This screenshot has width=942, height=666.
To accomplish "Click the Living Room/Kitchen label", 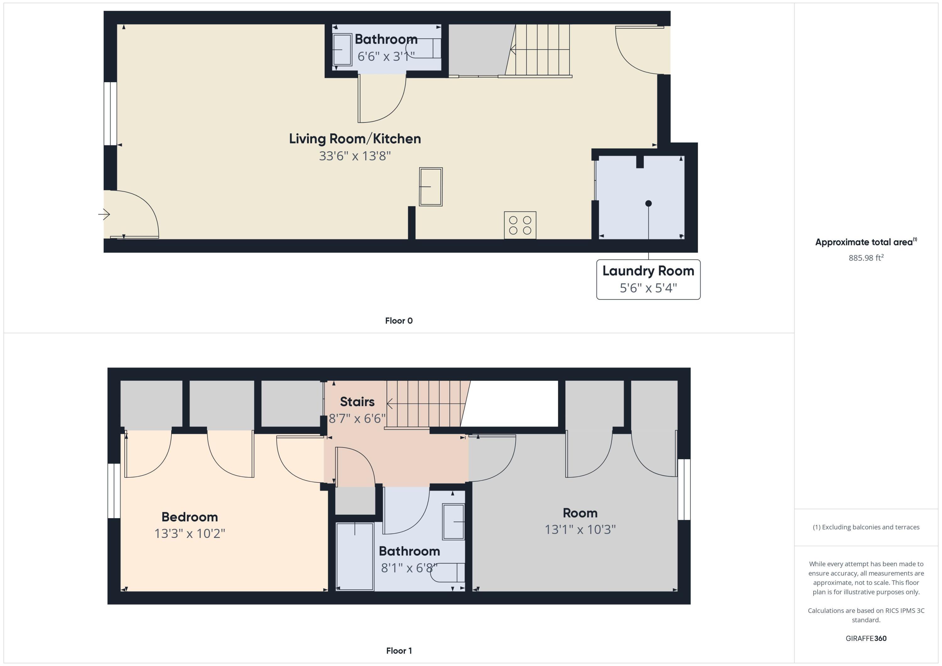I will click(355, 139).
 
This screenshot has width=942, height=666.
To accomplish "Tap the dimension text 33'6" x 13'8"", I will click(355, 156).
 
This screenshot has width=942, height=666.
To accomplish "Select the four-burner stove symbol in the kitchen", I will click(520, 225).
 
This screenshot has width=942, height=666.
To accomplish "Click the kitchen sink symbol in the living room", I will click(430, 187).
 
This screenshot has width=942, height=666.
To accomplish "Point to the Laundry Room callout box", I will click(648, 279).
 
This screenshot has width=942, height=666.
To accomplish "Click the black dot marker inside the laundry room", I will click(648, 203).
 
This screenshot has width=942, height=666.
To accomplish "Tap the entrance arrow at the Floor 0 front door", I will click(104, 214).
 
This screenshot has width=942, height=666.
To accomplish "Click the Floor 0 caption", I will click(399, 321).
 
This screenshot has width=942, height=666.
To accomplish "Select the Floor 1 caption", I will click(399, 650).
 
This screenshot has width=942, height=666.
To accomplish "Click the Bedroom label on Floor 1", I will click(190, 517).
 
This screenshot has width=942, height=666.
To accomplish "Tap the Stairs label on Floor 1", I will click(357, 401).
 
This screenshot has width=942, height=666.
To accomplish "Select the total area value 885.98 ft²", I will click(866, 258).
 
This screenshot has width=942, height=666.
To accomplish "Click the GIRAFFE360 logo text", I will click(866, 638).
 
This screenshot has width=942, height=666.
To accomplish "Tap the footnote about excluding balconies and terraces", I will click(866, 527).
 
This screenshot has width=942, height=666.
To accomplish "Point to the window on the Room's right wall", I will click(684, 489).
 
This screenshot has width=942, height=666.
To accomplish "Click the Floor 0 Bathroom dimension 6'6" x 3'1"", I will click(386, 56).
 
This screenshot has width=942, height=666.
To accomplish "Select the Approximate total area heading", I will click(865, 242).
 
